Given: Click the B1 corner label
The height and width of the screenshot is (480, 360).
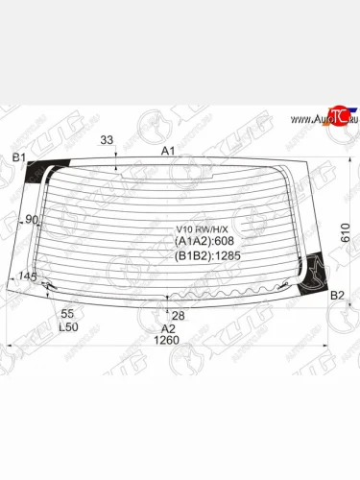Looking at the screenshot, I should (x=18, y=156).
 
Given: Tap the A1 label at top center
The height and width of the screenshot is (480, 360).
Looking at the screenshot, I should (x=167, y=151).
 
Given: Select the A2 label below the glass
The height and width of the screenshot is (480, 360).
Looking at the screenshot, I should (x=168, y=327).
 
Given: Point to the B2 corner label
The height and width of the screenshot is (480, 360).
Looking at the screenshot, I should (x=337, y=296).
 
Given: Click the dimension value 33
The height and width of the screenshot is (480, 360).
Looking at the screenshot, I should (x=107, y=140).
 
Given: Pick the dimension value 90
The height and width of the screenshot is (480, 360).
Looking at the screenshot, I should (x=32, y=220).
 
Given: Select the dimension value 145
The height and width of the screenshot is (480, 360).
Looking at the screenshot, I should (x=27, y=277).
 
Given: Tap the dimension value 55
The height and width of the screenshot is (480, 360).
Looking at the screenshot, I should (x=67, y=314).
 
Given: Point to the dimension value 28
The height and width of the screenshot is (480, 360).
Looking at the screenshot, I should (x=178, y=315).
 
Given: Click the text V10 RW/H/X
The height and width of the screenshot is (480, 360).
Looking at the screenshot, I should (x=197, y=229).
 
